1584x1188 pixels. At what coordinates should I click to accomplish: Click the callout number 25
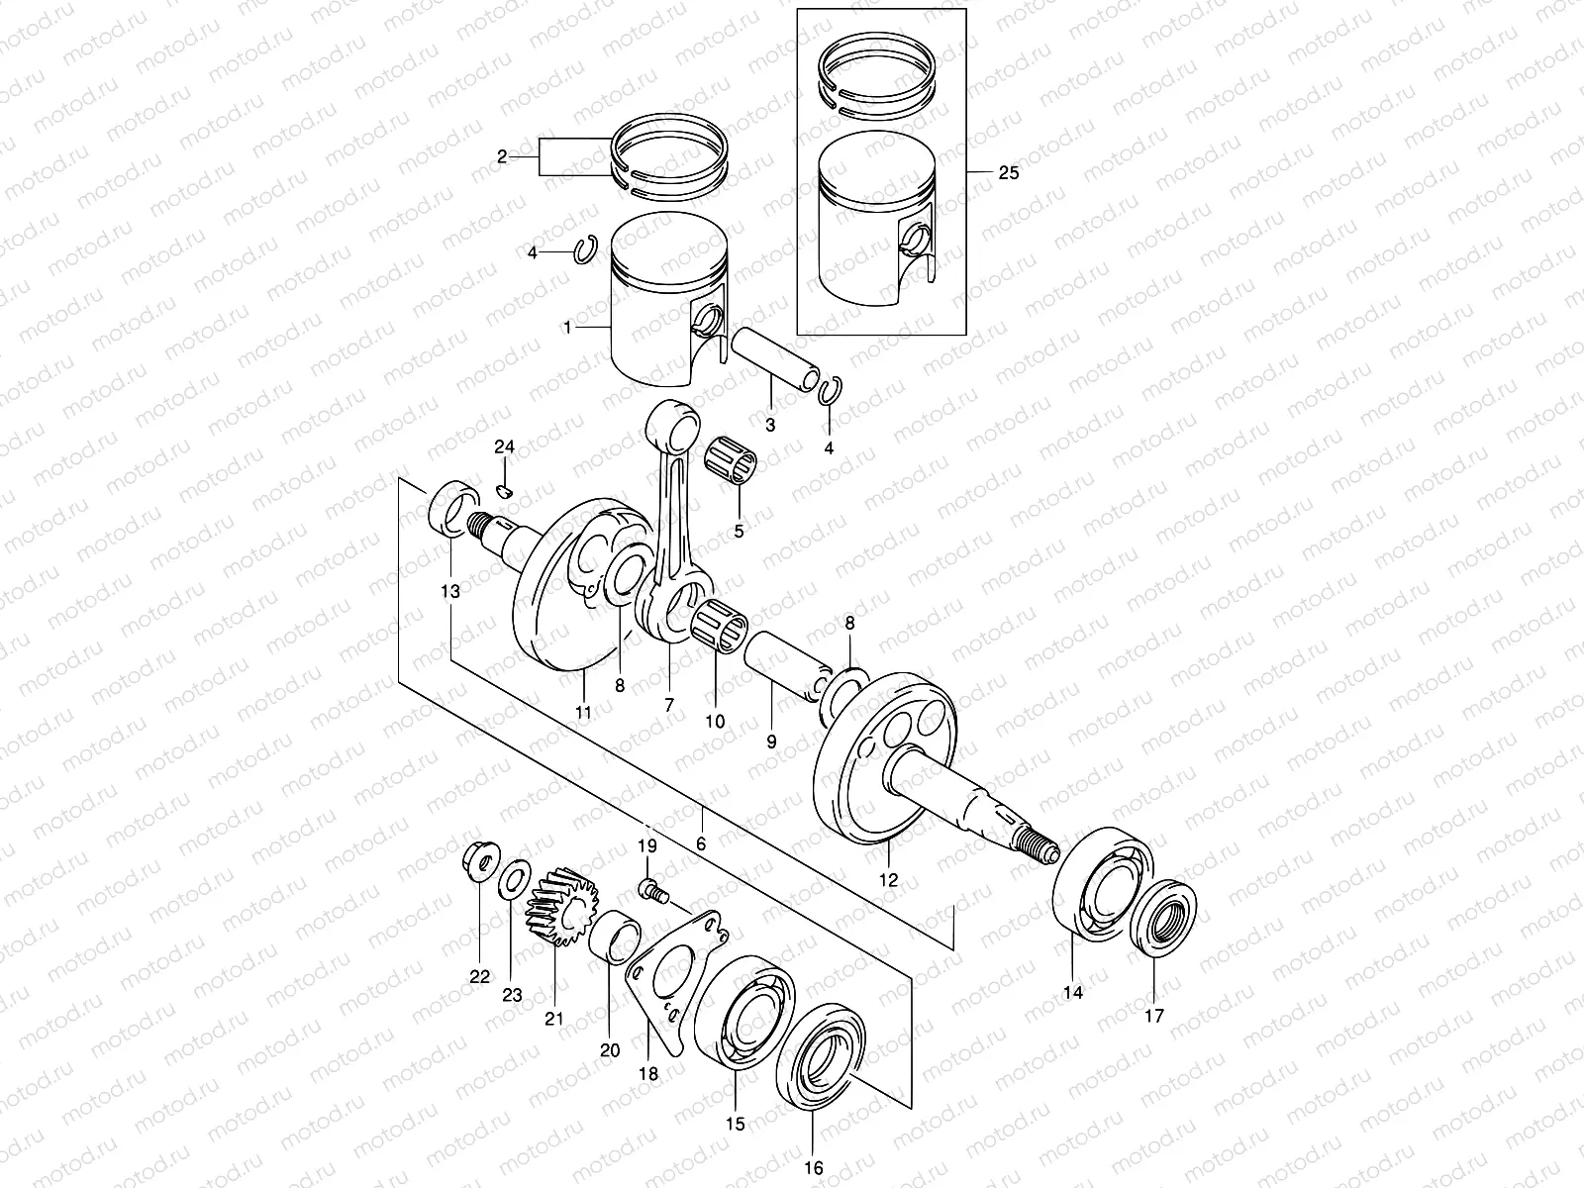[x=1008, y=172]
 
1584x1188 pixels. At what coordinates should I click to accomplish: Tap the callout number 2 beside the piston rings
[x=502, y=156]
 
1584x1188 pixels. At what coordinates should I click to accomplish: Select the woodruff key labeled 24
[x=505, y=492]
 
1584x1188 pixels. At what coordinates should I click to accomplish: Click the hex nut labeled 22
[x=479, y=861]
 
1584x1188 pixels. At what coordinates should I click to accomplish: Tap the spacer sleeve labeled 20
[x=615, y=938]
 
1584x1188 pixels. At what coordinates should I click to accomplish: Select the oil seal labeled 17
[x=1162, y=919]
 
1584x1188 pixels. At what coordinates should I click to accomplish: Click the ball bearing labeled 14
[x=1103, y=884]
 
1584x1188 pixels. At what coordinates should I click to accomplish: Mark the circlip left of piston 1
[x=586, y=248]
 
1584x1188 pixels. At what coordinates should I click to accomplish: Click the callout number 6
[x=701, y=843]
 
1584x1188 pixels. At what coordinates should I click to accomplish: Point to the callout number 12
[x=888, y=880]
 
